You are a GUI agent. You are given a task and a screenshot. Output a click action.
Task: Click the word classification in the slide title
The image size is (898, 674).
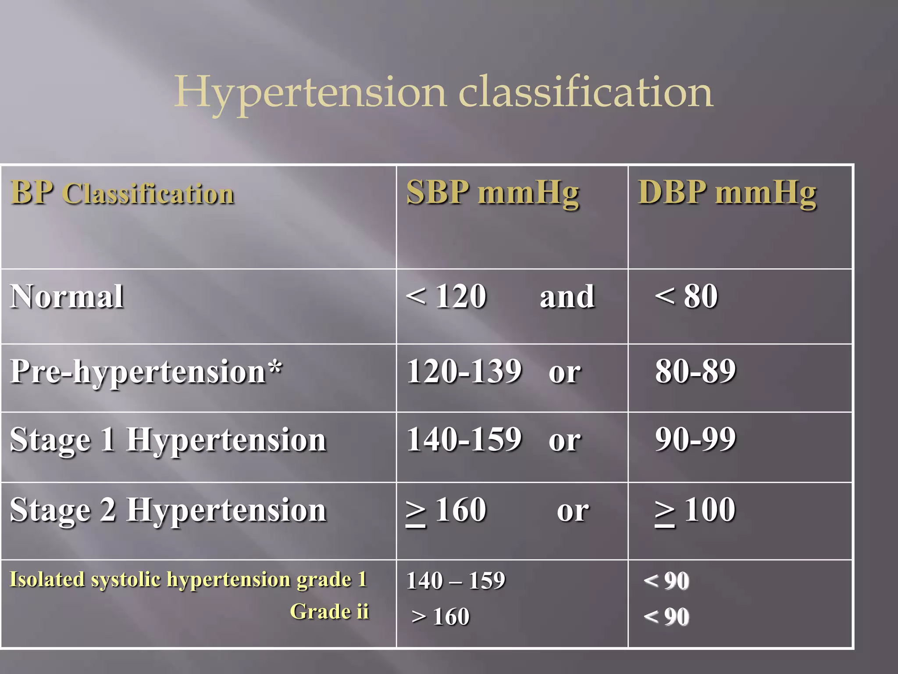click(x=585, y=92)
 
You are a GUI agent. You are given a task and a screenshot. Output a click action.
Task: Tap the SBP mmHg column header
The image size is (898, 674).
click(x=492, y=193)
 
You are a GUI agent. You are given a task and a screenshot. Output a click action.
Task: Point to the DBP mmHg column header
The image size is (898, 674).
click(x=727, y=193)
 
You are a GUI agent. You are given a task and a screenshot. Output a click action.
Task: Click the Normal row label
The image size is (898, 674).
click(x=67, y=297)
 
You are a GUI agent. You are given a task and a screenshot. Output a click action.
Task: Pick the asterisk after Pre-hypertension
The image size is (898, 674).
click(x=275, y=368)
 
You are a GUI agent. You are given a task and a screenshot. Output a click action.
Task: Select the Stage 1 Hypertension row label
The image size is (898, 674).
click(x=168, y=440)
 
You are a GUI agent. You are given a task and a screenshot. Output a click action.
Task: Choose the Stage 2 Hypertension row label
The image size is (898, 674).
click(x=168, y=510)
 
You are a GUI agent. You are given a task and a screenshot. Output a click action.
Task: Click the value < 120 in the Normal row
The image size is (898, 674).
click(x=446, y=297)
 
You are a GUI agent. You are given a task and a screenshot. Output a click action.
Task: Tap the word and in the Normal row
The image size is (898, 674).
click(x=567, y=298)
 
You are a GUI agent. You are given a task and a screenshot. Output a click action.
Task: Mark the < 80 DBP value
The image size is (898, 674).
click(x=686, y=297)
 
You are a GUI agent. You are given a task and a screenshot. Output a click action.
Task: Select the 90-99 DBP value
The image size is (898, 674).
click(x=695, y=439)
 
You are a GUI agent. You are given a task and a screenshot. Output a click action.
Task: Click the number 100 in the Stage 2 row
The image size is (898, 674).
click(x=709, y=510)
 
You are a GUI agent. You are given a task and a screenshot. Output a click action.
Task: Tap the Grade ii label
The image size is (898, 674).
click(x=329, y=612)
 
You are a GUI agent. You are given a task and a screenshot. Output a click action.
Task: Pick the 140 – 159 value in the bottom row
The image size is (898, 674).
click(x=456, y=581)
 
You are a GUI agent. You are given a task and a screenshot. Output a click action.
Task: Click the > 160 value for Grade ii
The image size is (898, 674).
click(x=441, y=617)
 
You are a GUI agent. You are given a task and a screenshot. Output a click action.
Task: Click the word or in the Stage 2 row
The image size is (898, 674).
click(x=573, y=511)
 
